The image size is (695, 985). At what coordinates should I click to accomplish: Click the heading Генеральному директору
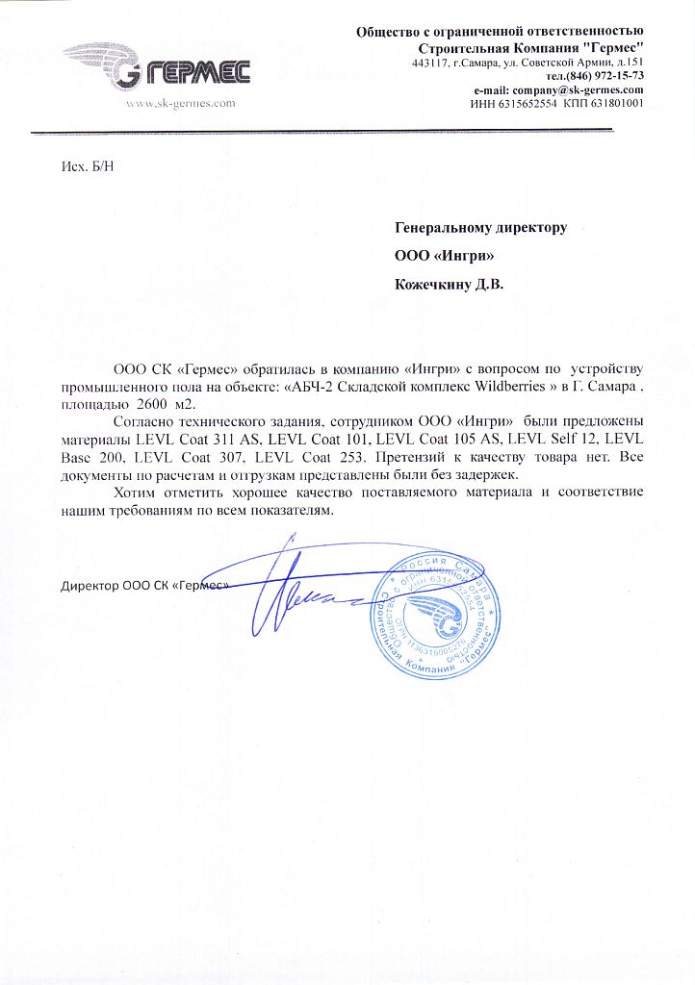[x=481, y=228]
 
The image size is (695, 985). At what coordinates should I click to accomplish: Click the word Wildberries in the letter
[x=520, y=386]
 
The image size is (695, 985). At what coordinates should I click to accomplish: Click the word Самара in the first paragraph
[x=612, y=386]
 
